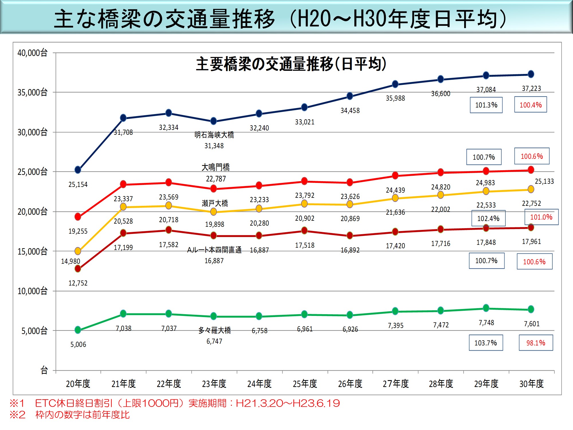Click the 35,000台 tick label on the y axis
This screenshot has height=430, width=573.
click(x=32, y=93)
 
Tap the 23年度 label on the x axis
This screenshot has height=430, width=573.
click(x=214, y=384)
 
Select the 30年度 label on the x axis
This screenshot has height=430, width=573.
click(x=531, y=384)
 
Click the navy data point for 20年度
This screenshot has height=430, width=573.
click(x=78, y=170)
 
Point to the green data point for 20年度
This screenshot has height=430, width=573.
click(x=78, y=330)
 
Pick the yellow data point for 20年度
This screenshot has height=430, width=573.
click(x=78, y=251)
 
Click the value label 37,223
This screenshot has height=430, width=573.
click(x=531, y=88)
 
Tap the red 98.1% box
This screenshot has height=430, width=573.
click(x=536, y=343)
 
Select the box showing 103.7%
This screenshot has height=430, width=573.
click(x=486, y=343)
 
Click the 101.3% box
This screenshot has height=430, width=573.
click(x=486, y=105)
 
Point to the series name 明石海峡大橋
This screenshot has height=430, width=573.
click(x=214, y=135)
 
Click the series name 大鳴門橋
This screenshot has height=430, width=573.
click(x=215, y=167)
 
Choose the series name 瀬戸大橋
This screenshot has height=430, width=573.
click(x=215, y=204)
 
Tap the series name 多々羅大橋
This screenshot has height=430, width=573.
click(x=215, y=330)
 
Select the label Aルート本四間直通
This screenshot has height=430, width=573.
click(x=214, y=250)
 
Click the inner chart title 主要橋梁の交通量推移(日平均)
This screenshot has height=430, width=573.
click(x=291, y=64)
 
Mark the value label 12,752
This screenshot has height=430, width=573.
click(x=78, y=283)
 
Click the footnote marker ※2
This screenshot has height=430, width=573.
click(x=17, y=415)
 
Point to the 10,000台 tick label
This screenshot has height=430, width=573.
click(x=32, y=291)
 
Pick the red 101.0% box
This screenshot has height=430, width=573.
click(x=541, y=217)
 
